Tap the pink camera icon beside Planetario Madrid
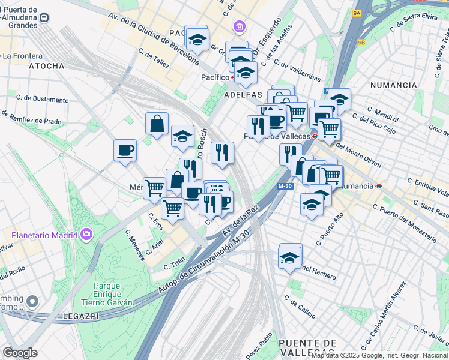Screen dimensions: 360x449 pyautogui.click(x=86, y=233)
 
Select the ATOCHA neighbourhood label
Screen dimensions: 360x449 pyautogui.click(x=46, y=66)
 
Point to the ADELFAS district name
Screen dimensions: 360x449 pyautogui.click(x=243, y=95)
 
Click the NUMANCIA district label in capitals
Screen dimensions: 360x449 pyautogui.click(x=393, y=85)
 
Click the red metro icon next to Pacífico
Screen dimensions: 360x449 pyautogui.click(x=234, y=77)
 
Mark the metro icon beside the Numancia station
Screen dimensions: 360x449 pyautogui.click(x=379, y=186)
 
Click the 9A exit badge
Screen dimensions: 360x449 pyautogui.click(x=357, y=13)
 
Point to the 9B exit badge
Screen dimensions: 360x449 pyautogui.click(x=361, y=43)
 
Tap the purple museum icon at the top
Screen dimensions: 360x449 pyautogui.click(x=240, y=28)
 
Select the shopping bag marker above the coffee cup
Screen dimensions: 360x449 pyautogui.click(x=157, y=124)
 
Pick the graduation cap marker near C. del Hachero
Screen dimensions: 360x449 pyautogui.click(x=290, y=257)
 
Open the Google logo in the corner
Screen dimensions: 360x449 pyautogui.click(x=20, y=352)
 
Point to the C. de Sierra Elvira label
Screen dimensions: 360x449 pyautogui.click(x=414, y=22)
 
